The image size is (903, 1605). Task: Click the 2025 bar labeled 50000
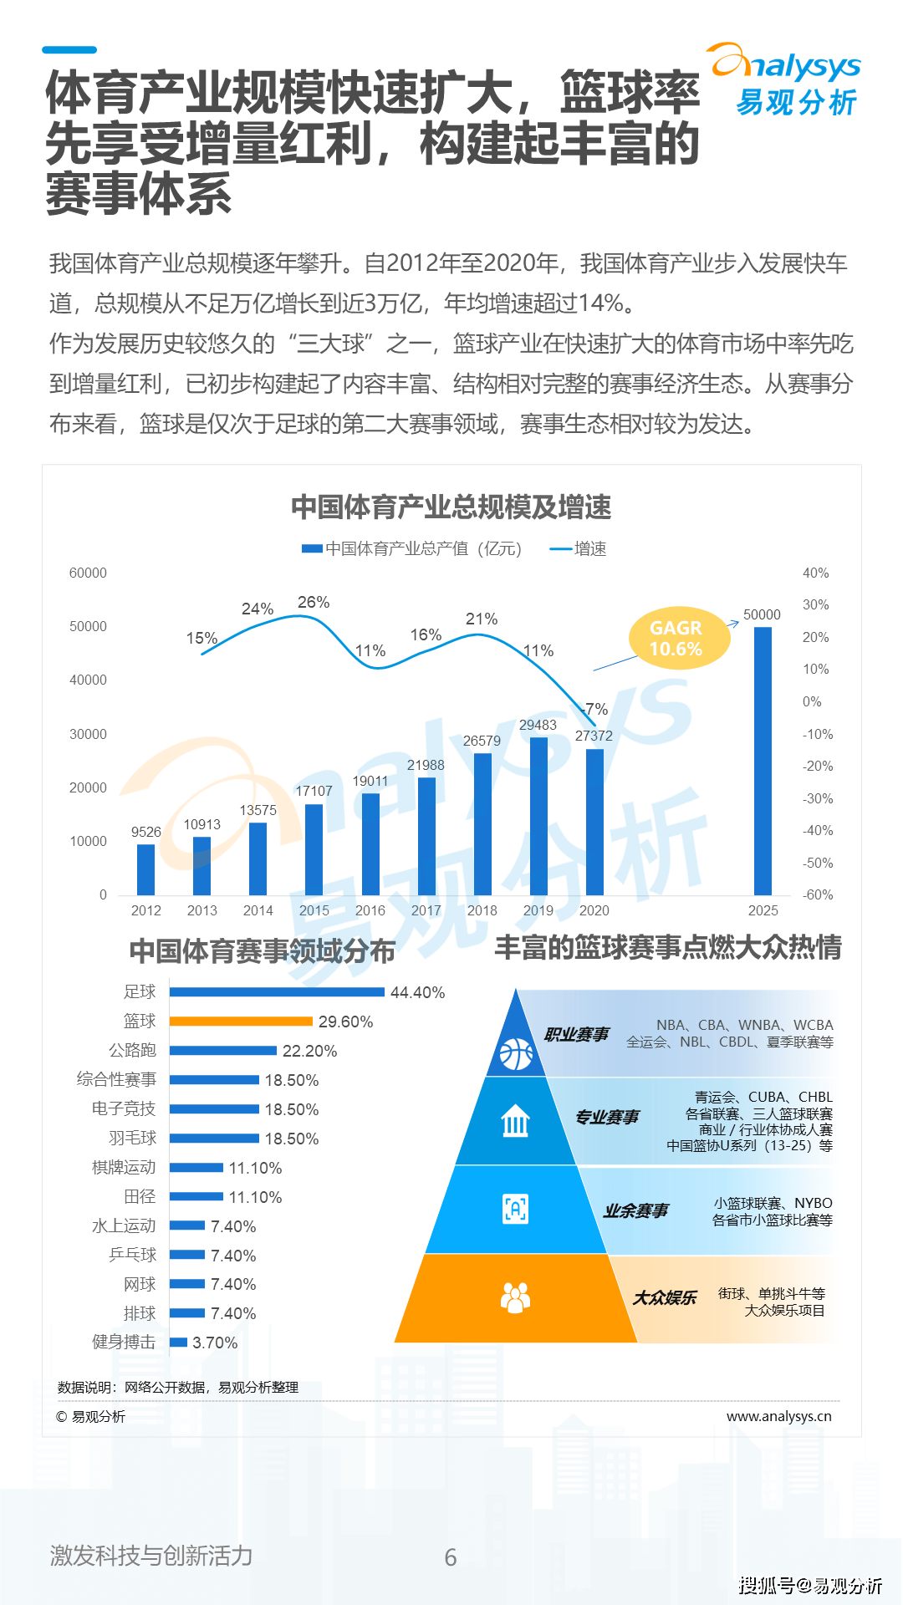coord(763,761)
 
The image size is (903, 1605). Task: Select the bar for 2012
coord(146,869)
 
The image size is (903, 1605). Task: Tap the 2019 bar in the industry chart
coord(538,816)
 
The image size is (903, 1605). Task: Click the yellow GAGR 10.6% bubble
coord(677,639)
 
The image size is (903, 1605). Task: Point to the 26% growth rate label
coord(314,603)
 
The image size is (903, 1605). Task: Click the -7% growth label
coord(595,710)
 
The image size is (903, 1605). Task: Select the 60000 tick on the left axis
coord(88,573)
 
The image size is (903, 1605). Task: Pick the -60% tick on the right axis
coord(817,895)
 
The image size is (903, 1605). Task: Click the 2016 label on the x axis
coord(370,911)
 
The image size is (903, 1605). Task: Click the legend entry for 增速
coord(579,549)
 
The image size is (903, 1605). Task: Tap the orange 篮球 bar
coord(241,1022)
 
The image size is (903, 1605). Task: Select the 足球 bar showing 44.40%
coord(277,992)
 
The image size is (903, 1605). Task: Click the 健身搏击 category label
coord(124,1343)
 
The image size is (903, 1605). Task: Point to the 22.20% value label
coord(309,1052)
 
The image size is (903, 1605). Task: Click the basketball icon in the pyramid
coord(516,1054)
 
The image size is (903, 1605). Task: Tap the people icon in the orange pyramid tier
coord(515,1298)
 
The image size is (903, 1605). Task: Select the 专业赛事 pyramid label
coord(607,1118)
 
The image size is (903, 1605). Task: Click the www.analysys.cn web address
coord(778,1417)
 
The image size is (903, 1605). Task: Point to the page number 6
coord(451,1557)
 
